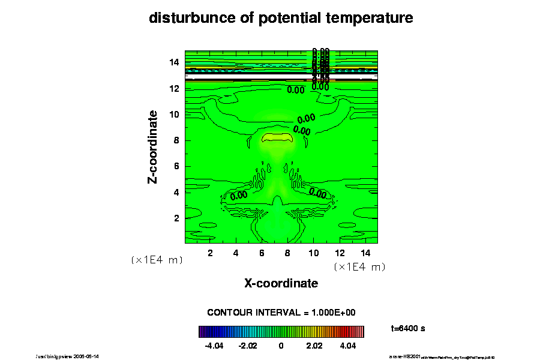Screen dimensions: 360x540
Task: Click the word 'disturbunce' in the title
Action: click(185, 18)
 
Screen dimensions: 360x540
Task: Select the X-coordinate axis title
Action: click(281, 283)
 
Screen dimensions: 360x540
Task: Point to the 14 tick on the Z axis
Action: click(175, 62)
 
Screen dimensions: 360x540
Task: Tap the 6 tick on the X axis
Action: click(262, 253)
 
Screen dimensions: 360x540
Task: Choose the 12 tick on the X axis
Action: click(339, 253)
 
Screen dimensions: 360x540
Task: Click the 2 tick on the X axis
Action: click(210, 253)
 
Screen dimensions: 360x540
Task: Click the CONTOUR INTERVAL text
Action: click(281, 313)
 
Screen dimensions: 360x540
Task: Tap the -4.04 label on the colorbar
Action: click(214, 346)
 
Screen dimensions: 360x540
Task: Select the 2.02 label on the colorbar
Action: click(314, 346)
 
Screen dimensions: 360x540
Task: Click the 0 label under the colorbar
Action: click(281, 346)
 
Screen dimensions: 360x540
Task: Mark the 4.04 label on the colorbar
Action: click(348, 346)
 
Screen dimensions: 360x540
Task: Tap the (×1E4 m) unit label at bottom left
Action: click(157, 260)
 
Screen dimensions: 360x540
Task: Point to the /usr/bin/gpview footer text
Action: click(68, 356)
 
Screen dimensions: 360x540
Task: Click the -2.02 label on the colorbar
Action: click(248, 346)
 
